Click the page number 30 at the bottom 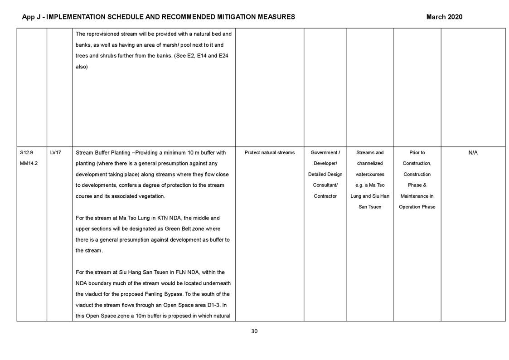(x=254, y=331)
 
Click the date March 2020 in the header (x=444, y=17)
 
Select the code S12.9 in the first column (x=26, y=153)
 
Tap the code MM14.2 (x=29, y=164)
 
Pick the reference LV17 (x=55, y=153)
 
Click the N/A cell (x=473, y=153)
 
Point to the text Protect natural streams (x=269, y=153)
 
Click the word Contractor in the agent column (x=325, y=196)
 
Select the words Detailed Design (x=325, y=175)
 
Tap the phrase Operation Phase (x=417, y=207)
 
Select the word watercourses (x=370, y=175)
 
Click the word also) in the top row (x=82, y=67)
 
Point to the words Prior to (x=417, y=153)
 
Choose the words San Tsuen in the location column (x=370, y=207)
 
